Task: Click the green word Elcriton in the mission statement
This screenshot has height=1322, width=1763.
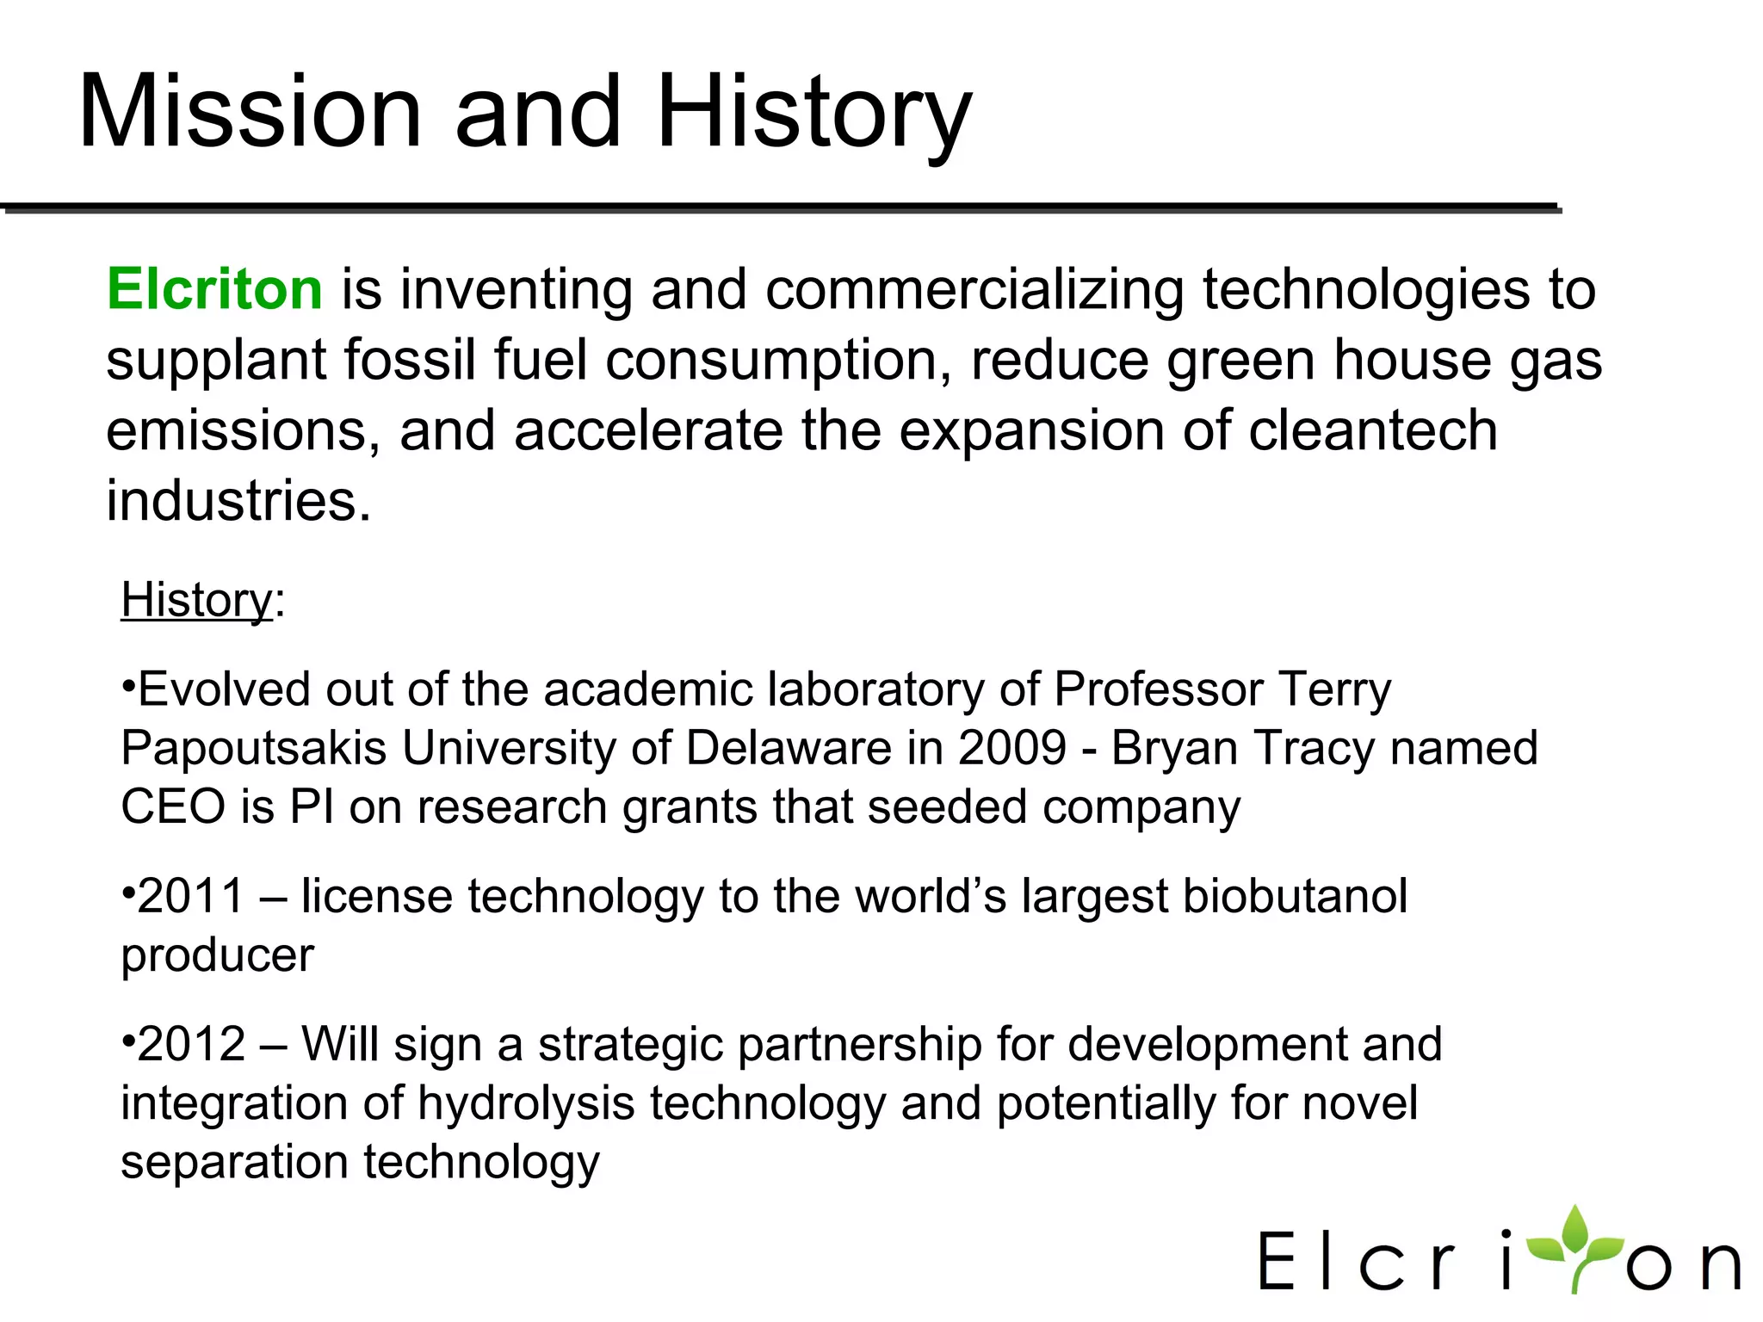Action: (x=214, y=289)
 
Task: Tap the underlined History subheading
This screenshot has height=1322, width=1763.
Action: (x=196, y=600)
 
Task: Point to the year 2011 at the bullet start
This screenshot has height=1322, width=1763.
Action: (x=191, y=896)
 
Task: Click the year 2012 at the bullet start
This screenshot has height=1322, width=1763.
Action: (x=191, y=1044)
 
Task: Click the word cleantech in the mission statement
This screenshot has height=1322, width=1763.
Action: (x=1372, y=430)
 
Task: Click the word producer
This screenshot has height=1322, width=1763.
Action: (x=217, y=955)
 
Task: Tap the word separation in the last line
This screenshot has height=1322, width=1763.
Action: (x=233, y=1162)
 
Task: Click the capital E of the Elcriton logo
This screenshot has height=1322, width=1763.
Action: (x=1276, y=1261)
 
